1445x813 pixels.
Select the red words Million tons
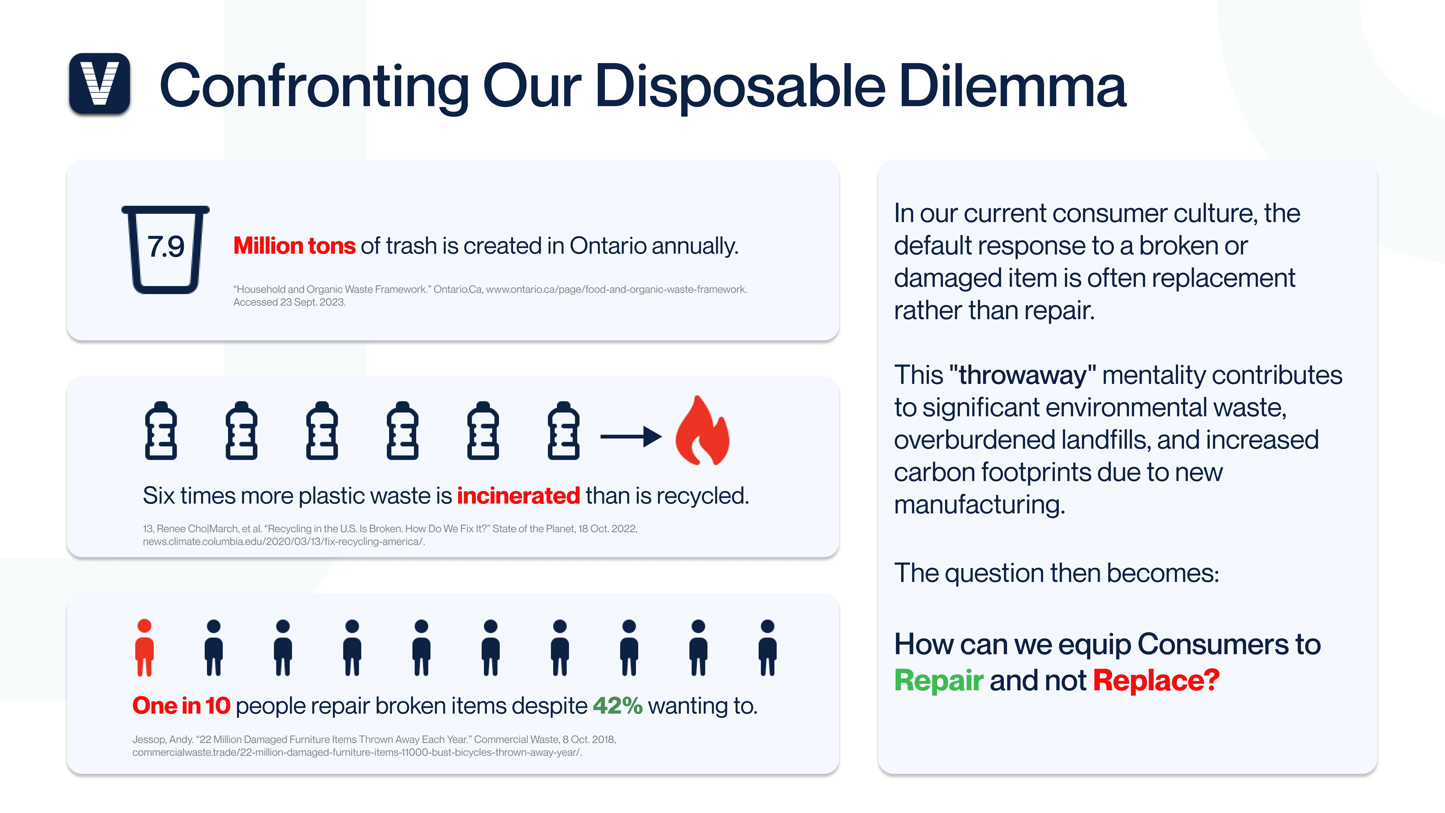pos(294,246)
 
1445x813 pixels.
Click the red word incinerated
pos(518,496)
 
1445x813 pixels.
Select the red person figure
pos(145,647)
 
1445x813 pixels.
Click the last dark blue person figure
pos(767,647)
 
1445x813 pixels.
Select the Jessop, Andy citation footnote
pos(374,746)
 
